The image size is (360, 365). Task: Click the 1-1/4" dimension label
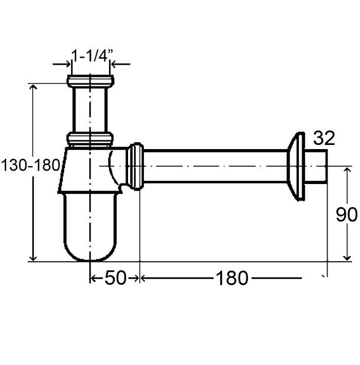coord(92,56)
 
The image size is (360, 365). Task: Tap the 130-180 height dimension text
coord(30,166)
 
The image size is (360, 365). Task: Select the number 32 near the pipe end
coord(324,138)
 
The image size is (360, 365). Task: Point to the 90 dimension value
coord(347,214)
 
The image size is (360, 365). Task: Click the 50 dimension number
coord(115,278)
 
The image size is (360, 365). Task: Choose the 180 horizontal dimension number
coord(232,278)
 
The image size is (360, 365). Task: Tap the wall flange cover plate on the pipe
coord(296,166)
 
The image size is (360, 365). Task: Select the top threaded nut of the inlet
coord(91,81)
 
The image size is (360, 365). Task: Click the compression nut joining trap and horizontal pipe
coord(135,166)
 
